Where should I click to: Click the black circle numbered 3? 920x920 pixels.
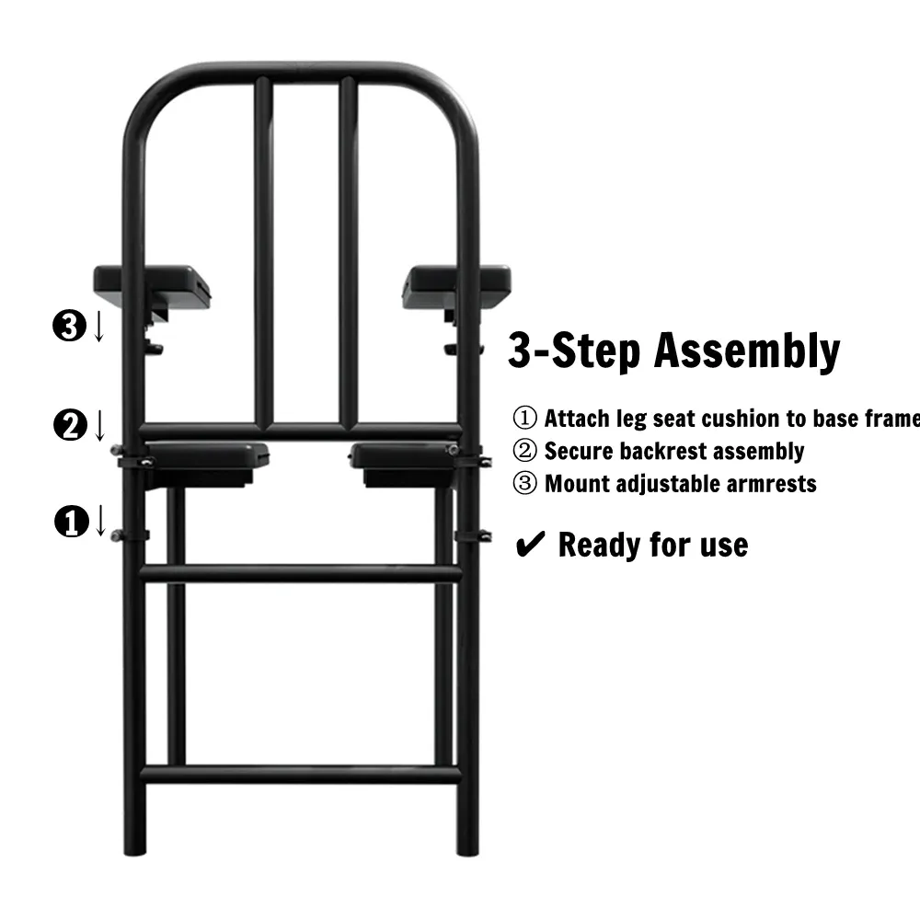click(x=70, y=327)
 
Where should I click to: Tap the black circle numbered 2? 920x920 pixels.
click(x=71, y=425)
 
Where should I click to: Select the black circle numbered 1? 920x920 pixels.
click(x=72, y=521)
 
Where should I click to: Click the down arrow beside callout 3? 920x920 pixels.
click(x=99, y=327)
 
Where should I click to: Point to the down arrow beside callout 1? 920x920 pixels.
click(x=100, y=521)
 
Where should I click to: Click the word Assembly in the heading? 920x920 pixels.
click(x=747, y=351)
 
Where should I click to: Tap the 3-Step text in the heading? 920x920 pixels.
click(x=574, y=351)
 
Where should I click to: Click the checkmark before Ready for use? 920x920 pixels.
click(x=531, y=544)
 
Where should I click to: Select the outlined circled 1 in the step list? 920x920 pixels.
click(x=524, y=418)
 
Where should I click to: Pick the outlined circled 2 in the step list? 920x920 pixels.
click(x=524, y=451)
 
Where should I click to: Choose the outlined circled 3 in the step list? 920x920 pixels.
click(x=524, y=484)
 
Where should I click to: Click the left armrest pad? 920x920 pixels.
click(x=152, y=286)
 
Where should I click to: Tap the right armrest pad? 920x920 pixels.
click(x=456, y=286)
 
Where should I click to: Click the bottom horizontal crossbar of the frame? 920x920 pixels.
click(x=301, y=774)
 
